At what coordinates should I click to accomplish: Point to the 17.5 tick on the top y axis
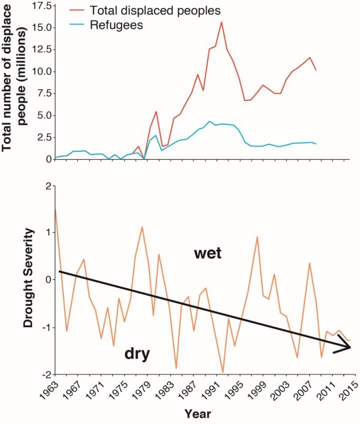[38, 6]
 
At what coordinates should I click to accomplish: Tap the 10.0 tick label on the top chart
[38, 72]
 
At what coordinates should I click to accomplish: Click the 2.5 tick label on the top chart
[40, 137]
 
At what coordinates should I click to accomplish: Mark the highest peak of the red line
[221, 22]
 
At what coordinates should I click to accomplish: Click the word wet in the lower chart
[208, 254]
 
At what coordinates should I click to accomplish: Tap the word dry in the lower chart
[137, 354]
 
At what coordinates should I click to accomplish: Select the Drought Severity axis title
[30, 279]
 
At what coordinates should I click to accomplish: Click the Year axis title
[197, 413]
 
